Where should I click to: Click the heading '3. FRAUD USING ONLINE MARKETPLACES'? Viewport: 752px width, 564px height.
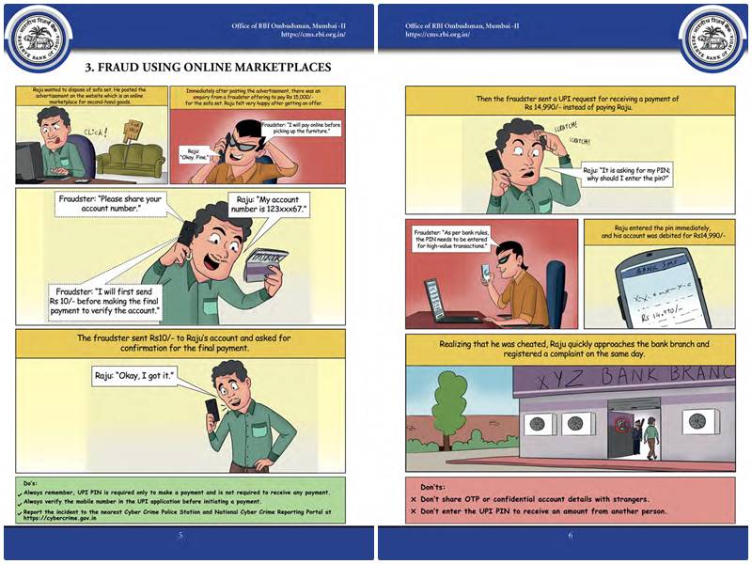click(208, 68)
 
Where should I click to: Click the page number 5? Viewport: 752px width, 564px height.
click(180, 536)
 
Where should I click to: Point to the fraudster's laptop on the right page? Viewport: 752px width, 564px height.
click(440, 299)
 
